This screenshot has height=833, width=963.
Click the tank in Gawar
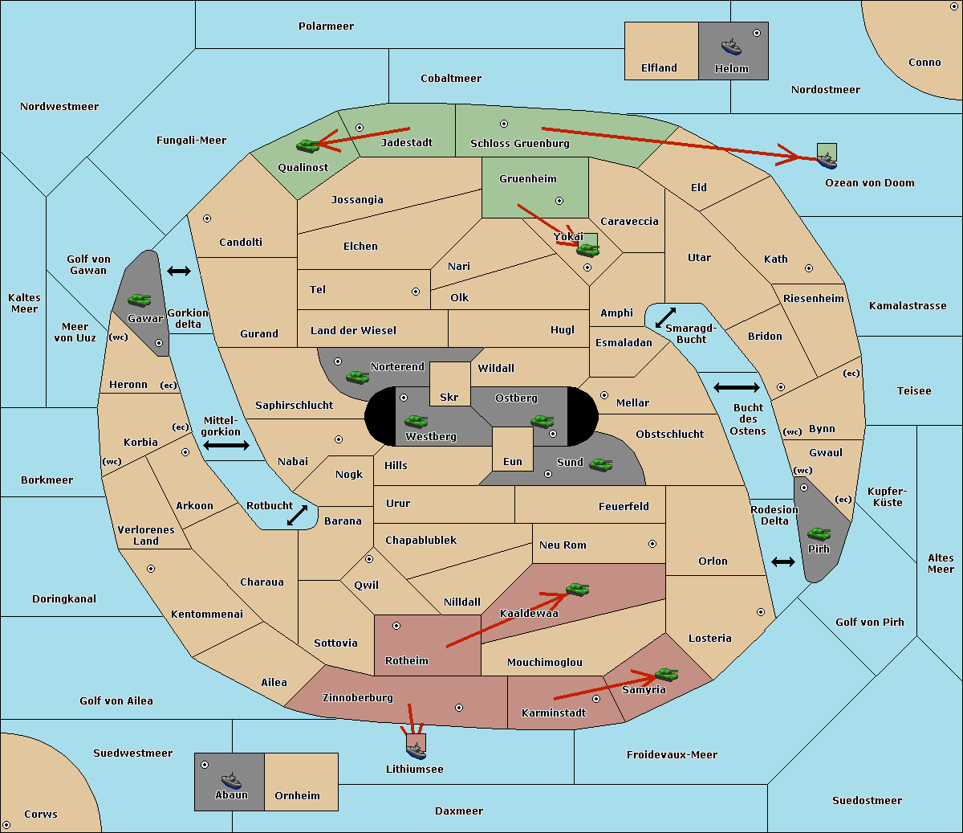[x=140, y=300]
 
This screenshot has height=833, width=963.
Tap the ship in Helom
[x=731, y=47]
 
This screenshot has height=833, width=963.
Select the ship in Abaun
[x=232, y=781]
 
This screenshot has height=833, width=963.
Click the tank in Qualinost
[x=308, y=146]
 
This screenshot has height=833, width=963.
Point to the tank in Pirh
[x=819, y=533]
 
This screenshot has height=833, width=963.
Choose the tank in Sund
[x=600, y=465]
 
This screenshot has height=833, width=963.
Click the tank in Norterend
[x=357, y=377]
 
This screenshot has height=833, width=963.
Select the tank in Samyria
[x=666, y=675]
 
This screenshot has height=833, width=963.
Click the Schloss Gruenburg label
[x=519, y=143]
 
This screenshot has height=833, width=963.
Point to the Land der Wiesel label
[x=353, y=331]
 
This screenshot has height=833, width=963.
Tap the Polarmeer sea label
[x=326, y=27]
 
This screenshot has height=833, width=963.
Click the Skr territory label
[x=449, y=397]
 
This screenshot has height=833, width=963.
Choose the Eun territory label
[x=513, y=461]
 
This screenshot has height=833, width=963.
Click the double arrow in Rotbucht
[x=298, y=515]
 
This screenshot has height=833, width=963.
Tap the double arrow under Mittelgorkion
[x=226, y=445]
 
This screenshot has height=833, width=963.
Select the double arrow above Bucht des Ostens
[x=737, y=387]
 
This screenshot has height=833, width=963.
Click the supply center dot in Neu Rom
[x=652, y=544]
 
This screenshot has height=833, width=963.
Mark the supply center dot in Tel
[x=416, y=292]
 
